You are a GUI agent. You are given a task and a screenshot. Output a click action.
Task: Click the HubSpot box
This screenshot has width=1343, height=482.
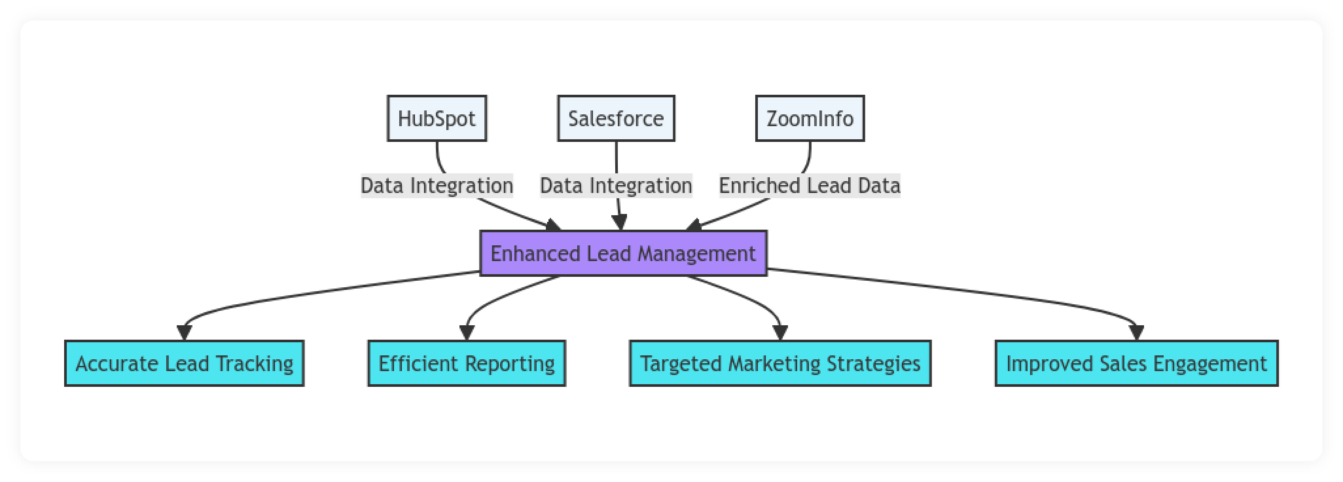(436, 118)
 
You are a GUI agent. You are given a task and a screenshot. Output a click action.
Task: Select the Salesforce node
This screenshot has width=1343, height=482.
(616, 118)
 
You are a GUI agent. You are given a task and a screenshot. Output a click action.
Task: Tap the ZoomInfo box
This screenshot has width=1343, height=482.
(810, 118)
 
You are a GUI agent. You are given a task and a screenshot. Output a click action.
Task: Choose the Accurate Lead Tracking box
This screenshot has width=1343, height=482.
(185, 364)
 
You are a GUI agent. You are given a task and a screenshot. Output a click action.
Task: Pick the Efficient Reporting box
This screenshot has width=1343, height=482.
(466, 364)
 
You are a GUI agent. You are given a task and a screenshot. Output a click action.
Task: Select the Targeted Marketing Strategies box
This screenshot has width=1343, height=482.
(780, 364)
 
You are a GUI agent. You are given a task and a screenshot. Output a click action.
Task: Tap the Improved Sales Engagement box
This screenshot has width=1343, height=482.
(1137, 364)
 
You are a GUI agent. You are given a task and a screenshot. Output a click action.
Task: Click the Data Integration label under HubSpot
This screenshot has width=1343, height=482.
(437, 186)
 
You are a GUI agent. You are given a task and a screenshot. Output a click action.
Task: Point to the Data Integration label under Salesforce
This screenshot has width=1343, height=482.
(616, 186)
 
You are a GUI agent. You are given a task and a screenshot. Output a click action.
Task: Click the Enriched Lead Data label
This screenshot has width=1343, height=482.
(810, 186)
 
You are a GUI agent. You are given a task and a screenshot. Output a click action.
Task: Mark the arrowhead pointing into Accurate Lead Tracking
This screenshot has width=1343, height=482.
(185, 332)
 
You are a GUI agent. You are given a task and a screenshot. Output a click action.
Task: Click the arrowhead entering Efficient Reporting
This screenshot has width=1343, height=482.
(466, 332)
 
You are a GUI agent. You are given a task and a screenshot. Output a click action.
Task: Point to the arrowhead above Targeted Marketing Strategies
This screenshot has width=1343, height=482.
(780, 332)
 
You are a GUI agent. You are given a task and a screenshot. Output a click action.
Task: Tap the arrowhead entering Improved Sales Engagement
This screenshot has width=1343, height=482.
(1137, 332)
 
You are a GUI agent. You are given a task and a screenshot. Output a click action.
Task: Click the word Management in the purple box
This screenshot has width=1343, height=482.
(696, 254)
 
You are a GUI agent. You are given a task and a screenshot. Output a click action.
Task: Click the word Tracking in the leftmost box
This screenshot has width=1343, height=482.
(255, 364)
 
